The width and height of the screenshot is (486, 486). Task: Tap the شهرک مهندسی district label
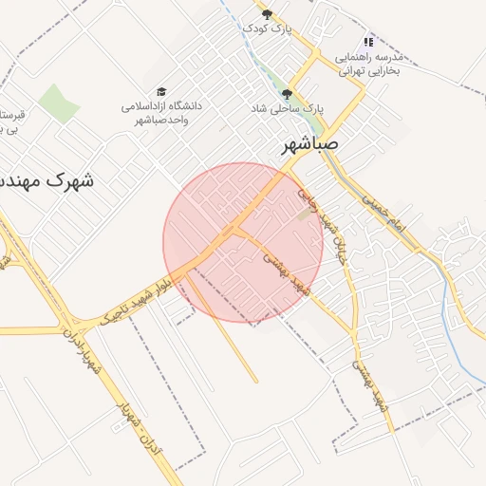(x=47, y=178)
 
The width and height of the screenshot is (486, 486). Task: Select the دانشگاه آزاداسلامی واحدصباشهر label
(x=161, y=112)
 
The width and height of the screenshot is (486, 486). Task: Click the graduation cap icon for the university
(x=161, y=90)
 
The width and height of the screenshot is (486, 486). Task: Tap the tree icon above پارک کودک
(x=267, y=13)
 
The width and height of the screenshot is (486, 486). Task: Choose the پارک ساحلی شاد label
(x=288, y=109)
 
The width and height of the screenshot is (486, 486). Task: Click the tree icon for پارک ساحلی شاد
(x=288, y=93)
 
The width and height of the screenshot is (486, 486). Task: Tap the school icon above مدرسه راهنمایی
(x=369, y=42)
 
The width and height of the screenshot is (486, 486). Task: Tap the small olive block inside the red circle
(x=304, y=215)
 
